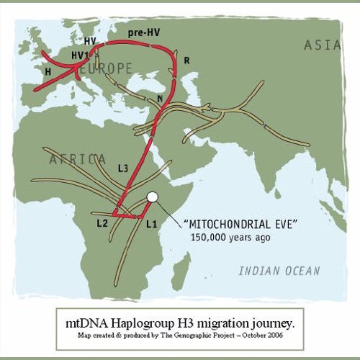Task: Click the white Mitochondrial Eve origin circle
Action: (x=151, y=197)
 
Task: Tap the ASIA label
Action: (x=321, y=45)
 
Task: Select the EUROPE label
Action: (x=107, y=69)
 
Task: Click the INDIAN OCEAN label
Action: (x=279, y=271)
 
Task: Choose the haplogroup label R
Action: (x=186, y=61)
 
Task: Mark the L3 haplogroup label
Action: (x=122, y=168)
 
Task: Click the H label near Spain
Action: (x=48, y=73)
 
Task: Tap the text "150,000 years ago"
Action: (x=230, y=237)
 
